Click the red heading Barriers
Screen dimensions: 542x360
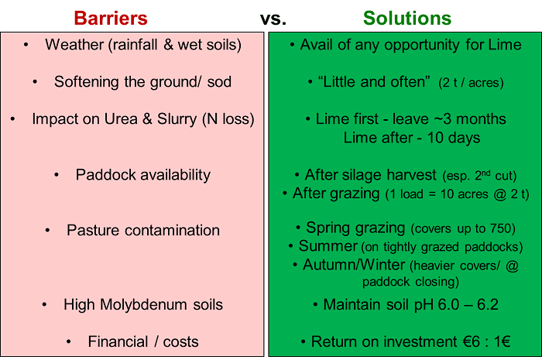click(111, 18)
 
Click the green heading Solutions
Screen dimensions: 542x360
click(407, 18)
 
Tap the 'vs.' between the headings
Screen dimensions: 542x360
click(273, 19)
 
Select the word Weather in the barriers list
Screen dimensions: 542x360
click(74, 45)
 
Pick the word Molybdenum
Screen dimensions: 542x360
click(144, 305)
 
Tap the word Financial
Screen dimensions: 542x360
click(118, 341)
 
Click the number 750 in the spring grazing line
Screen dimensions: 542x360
click(500, 228)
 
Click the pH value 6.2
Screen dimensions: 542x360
click(488, 305)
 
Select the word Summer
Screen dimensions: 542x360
click(328, 246)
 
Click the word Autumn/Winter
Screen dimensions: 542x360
click(354, 265)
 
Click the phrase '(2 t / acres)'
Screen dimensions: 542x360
click(471, 83)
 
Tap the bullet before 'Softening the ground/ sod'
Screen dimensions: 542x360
click(35, 82)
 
